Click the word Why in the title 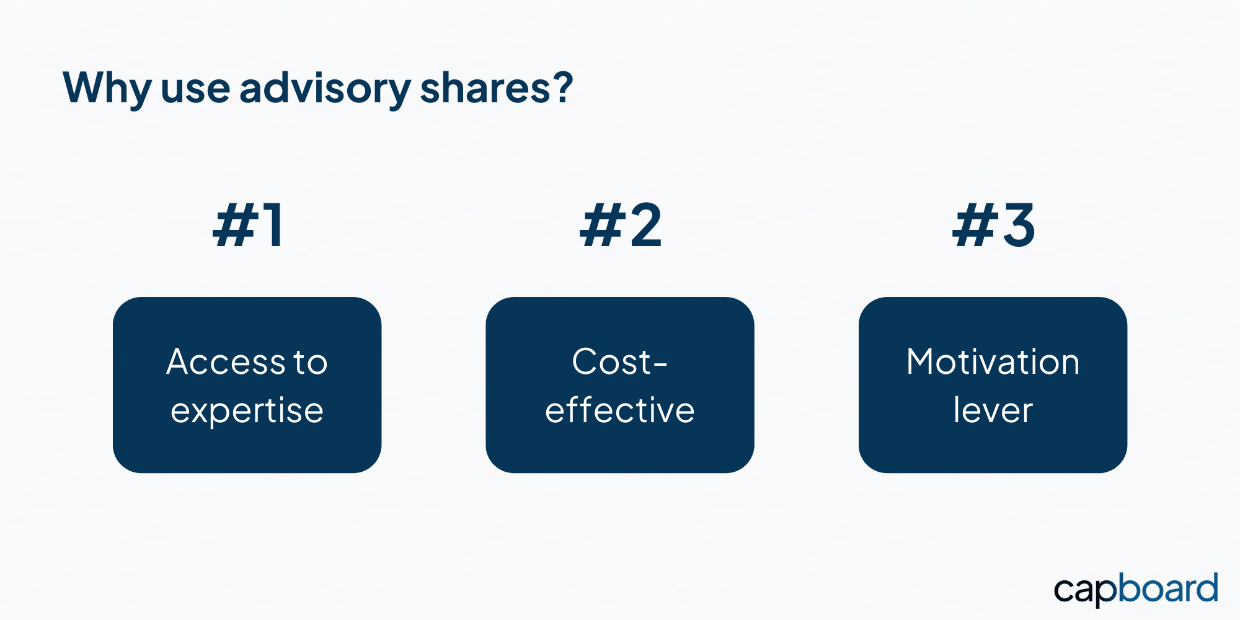tap(107, 89)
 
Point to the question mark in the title tap(564, 86)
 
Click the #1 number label tap(248, 226)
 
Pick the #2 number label tap(621, 226)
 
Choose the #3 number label tap(993, 226)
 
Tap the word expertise tap(247, 411)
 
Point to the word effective tap(620, 410)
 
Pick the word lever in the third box tap(993, 410)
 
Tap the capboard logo tap(1136, 589)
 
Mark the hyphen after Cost tap(661, 365)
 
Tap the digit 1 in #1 tap(273, 226)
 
